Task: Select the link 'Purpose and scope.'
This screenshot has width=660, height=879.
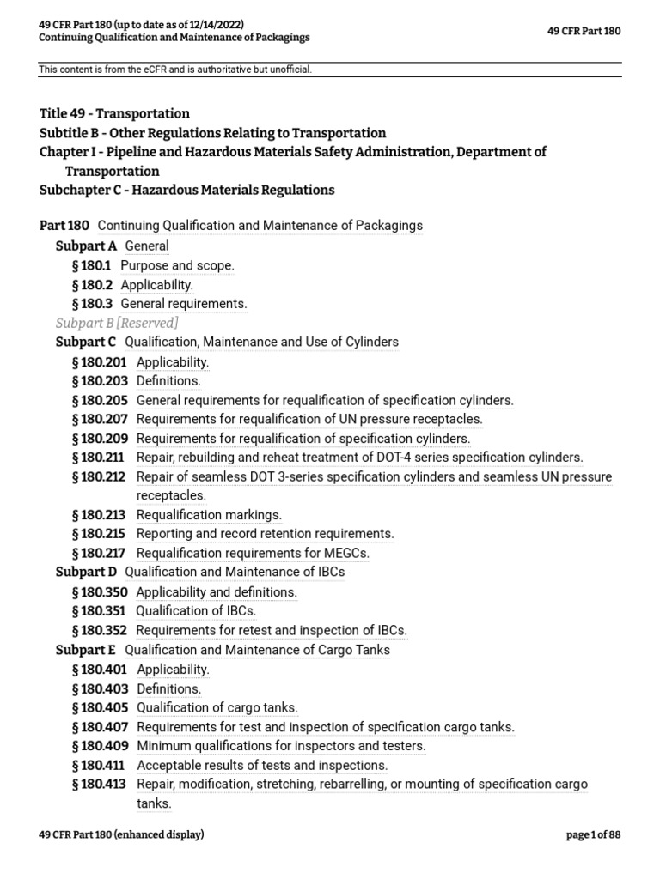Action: coord(177,266)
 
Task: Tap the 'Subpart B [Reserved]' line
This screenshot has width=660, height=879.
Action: coord(117,323)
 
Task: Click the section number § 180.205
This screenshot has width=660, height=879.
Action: coord(101,400)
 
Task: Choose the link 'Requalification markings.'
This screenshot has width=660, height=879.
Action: coord(209,515)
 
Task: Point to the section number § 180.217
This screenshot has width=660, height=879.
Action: coord(101,554)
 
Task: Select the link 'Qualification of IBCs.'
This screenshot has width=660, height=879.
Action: coord(196,611)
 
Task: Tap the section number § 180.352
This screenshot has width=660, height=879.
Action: coord(101,631)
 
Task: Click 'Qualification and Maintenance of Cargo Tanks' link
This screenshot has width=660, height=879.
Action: coord(257,650)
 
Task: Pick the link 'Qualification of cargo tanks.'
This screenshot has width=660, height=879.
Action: coord(217,708)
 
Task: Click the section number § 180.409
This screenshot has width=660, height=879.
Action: coord(101,746)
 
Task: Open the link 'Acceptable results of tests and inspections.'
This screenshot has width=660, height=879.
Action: coord(262,766)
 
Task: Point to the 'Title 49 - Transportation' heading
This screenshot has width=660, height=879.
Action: coord(114,113)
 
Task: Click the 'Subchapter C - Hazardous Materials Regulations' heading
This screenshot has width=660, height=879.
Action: coord(186,190)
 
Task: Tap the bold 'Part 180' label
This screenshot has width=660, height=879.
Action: coord(64,226)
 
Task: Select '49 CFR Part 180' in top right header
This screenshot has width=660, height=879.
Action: coord(584,31)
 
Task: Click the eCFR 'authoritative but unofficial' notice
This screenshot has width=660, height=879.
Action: coord(174,69)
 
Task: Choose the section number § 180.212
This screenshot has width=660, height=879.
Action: coord(101,477)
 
